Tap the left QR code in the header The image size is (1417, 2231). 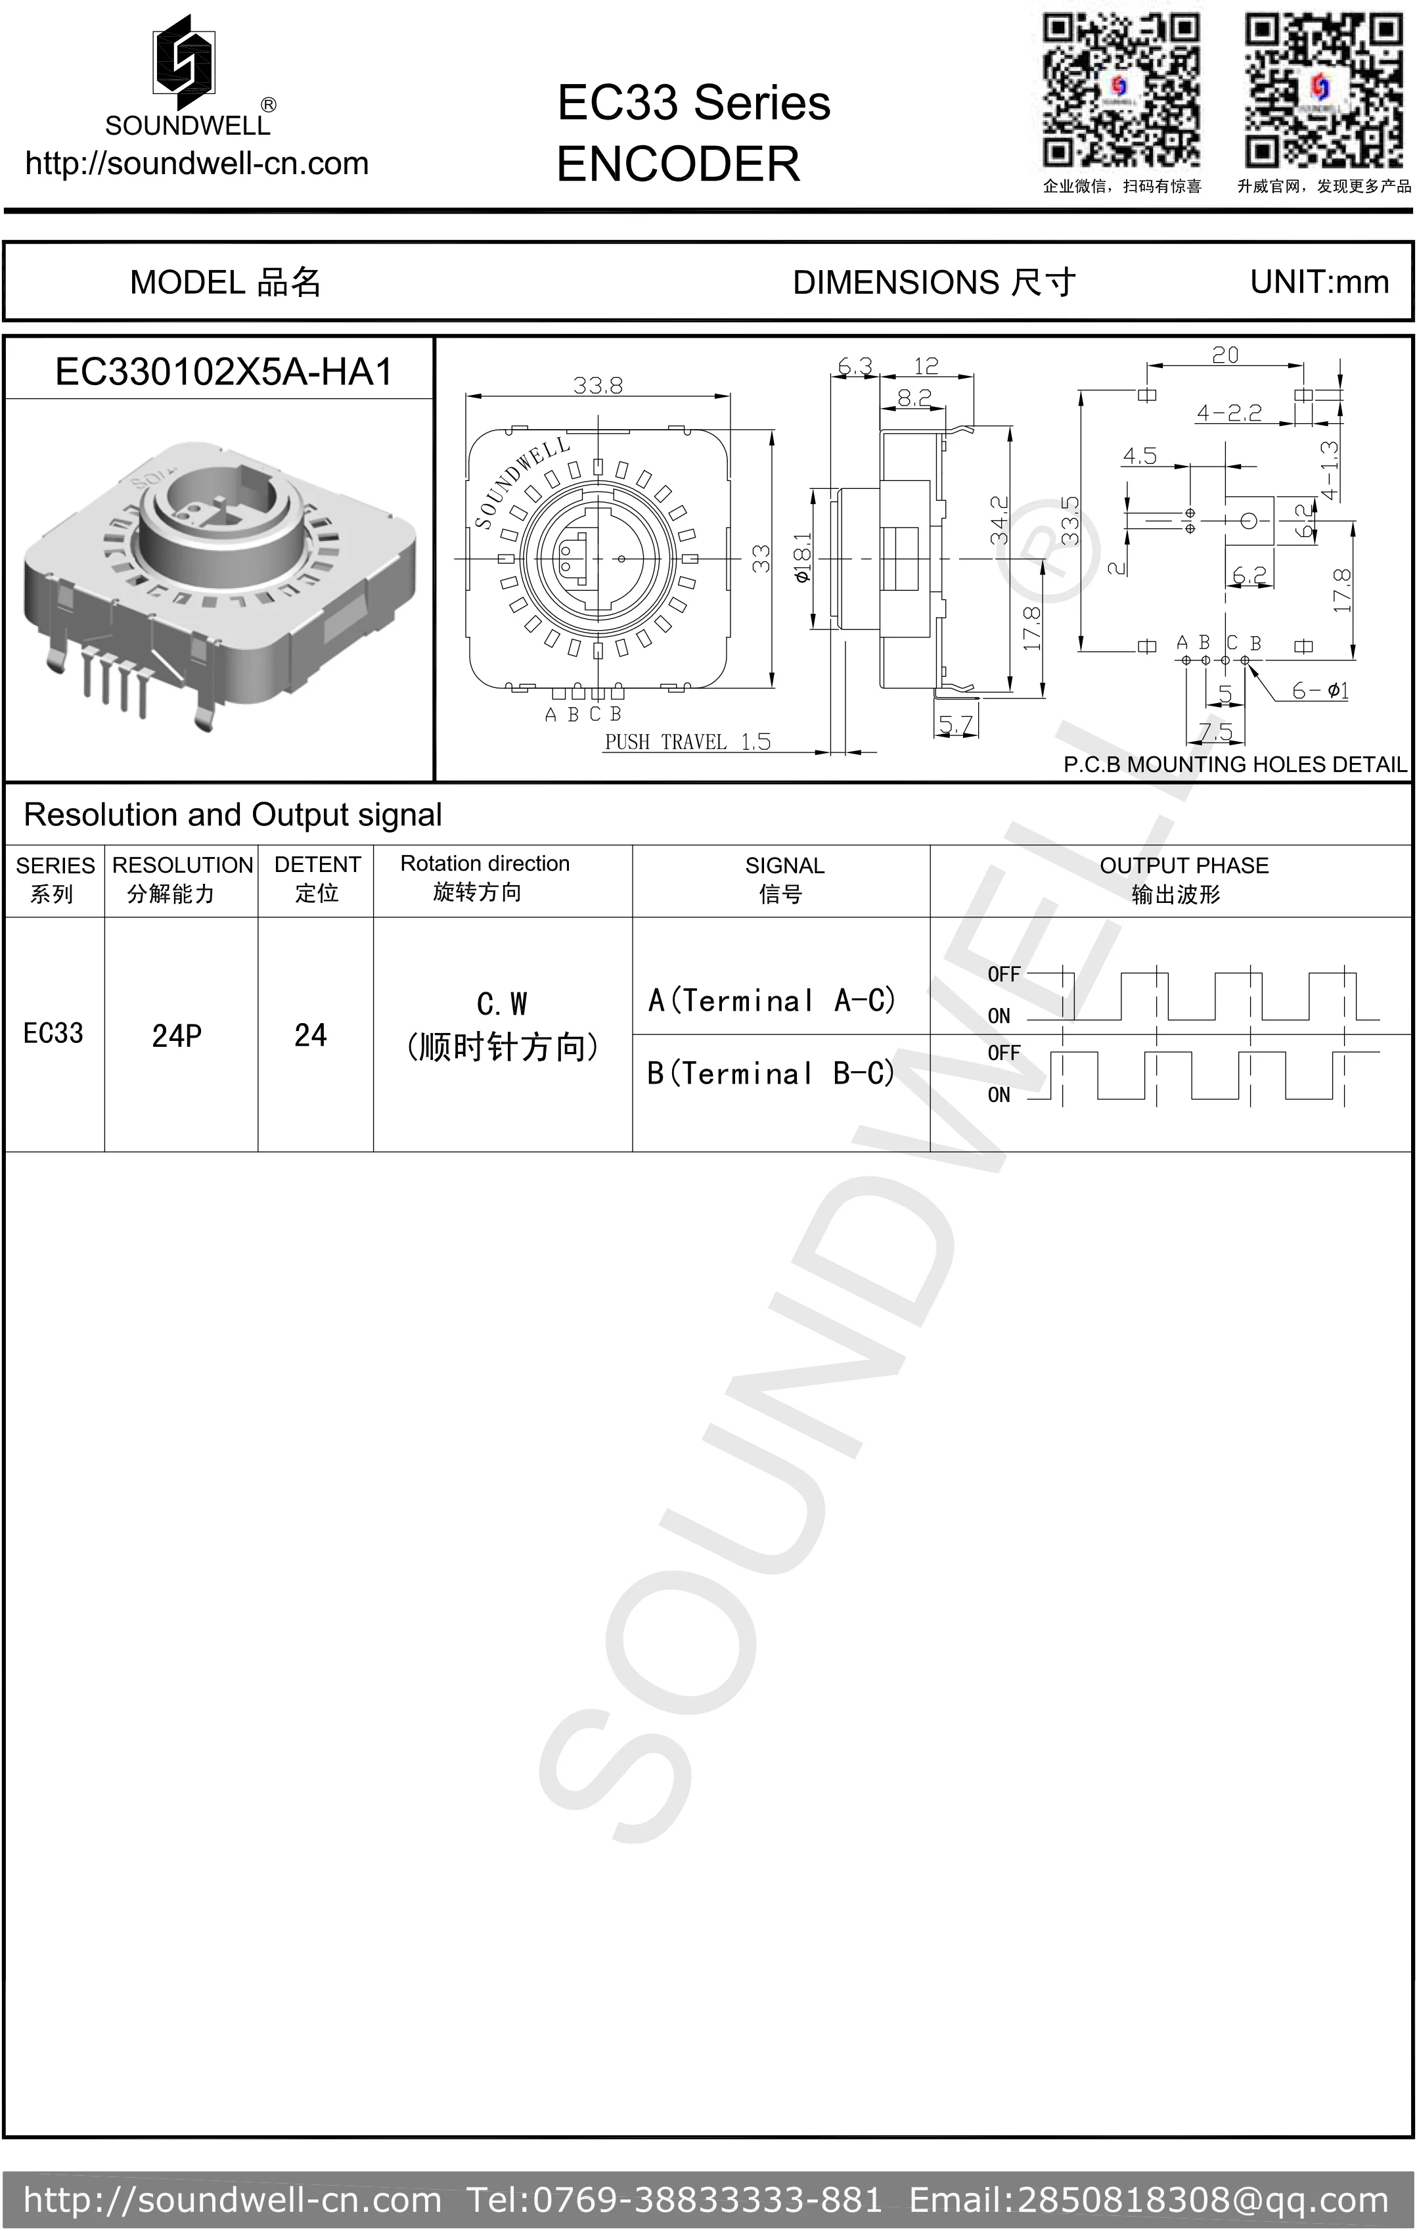1121,90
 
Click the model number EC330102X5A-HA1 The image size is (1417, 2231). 223,371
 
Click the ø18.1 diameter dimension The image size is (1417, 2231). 802,558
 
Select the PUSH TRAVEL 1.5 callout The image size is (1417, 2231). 687,741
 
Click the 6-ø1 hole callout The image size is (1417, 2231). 1320,690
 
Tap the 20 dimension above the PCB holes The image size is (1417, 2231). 1225,355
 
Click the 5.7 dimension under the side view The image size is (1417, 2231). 955,725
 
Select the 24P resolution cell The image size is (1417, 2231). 177,1035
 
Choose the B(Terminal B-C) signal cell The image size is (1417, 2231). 771,1073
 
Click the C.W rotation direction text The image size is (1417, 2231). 502,1004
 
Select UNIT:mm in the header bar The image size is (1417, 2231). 1319,282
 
